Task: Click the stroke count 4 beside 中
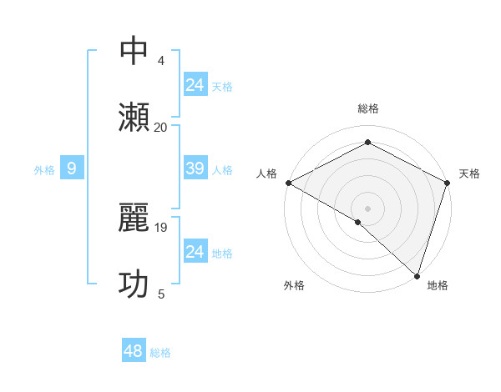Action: pyautogui.click(x=161, y=61)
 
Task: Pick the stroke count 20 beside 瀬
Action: pyautogui.click(x=161, y=127)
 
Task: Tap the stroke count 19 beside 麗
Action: pyautogui.click(x=162, y=227)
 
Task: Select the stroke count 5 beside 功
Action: pyautogui.click(x=161, y=294)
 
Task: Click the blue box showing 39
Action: pyautogui.click(x=195, y=168)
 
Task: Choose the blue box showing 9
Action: pyautogui.click(x=72, y=168)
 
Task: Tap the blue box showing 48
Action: pyautogui.click(x=133, y=351)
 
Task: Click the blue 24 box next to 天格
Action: pyautogui.click(x=195, y=85)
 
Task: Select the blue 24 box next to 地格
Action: pyautogui.click(x=195, y=252)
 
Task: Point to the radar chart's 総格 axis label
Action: pyautogui.click(x=367, y=108)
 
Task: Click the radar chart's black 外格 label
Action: pyautogui.click(x=294, y=285)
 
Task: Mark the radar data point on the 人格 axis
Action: pyautogui.click(x=288, y=183)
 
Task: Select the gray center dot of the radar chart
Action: pyautogui.click(x=367, y=208)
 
